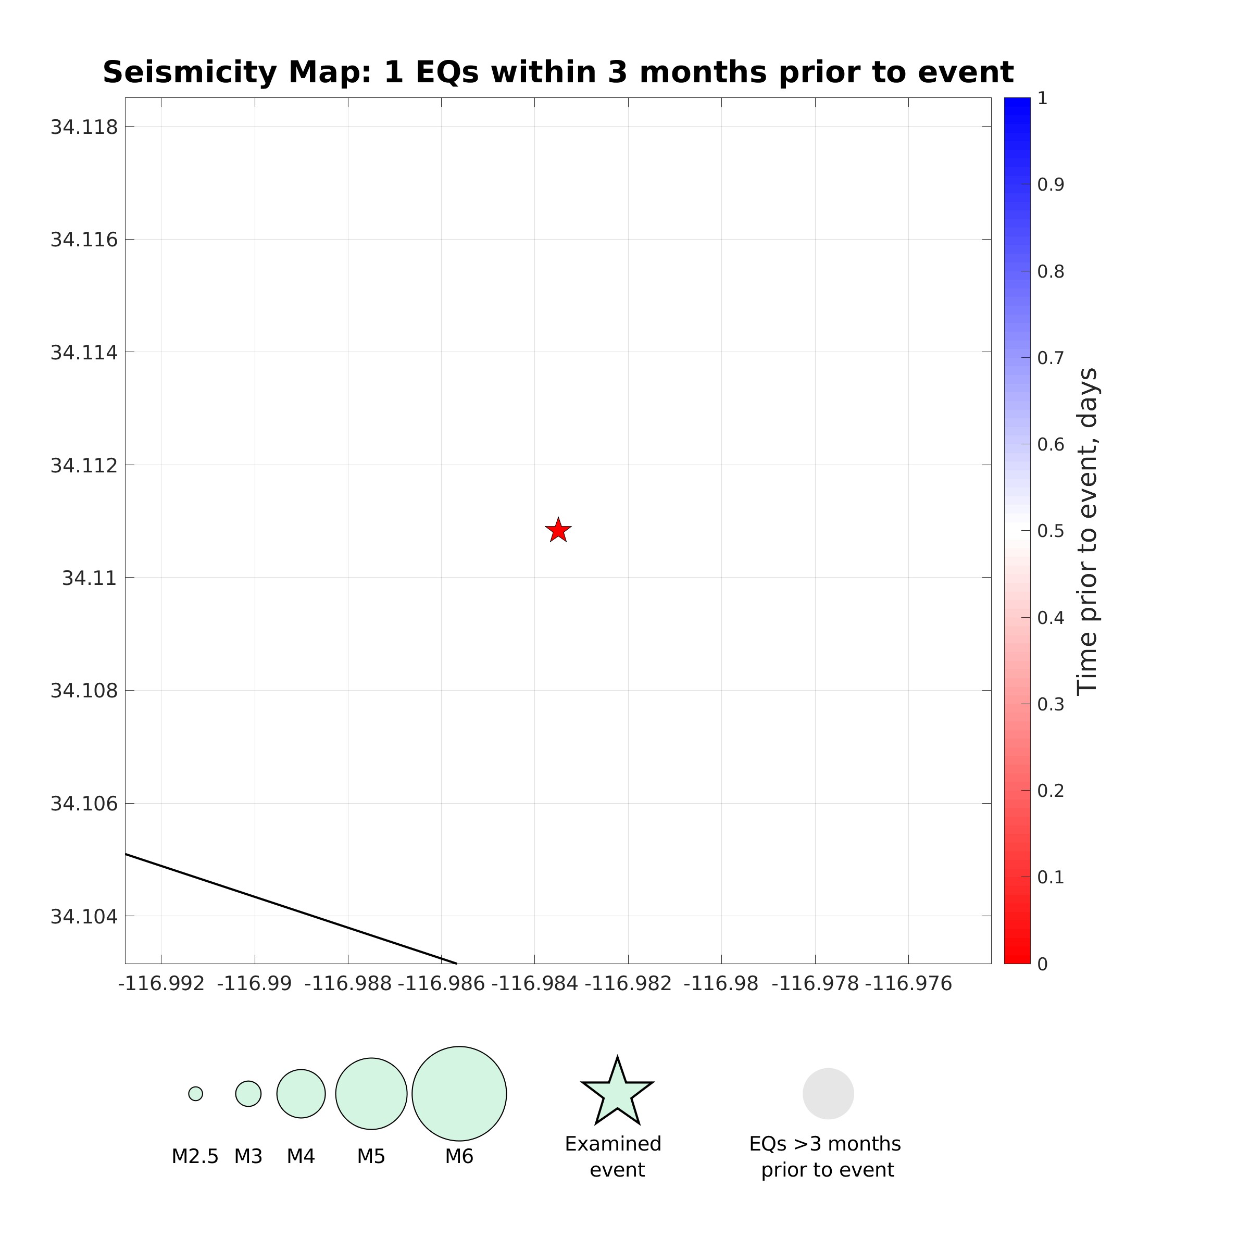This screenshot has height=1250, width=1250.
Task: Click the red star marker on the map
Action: (558, 531)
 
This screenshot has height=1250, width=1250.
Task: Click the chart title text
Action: (558, 72)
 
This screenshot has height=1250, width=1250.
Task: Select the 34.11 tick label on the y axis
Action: (89, 578)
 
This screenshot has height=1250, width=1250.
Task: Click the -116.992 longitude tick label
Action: (161, 984)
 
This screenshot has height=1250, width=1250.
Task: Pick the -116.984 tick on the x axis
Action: (534, 984)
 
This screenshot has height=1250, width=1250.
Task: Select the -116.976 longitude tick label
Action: (908, 984)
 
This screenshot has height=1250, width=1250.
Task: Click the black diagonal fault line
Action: (291, 909)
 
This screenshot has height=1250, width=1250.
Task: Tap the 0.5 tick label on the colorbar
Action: (1050, 531)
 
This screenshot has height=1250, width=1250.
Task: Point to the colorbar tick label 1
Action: (1042, 98)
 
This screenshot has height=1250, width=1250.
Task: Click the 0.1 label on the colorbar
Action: (1050, 877)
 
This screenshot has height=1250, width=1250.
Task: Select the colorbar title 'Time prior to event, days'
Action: (1087, 531)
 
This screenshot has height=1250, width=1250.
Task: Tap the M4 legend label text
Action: (301, 1156)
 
